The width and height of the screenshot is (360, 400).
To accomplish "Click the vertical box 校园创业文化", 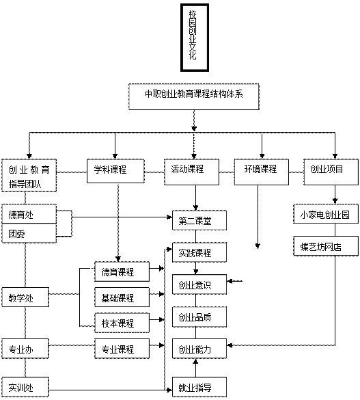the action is pyautogui.click(x=195, y=38).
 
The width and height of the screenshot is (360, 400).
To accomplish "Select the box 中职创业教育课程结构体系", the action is pyautogui.click(x=194, y=96).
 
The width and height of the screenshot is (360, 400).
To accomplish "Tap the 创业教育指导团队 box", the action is pyautogui.click(x=29, y=175).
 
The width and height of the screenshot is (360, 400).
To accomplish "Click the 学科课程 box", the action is pyautogui.click(x=115, y=171).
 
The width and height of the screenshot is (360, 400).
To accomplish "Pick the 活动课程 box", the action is pyautogui.click(x=191, y=172).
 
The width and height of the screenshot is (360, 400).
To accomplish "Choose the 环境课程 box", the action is pyautogui.click(x=262, y=172).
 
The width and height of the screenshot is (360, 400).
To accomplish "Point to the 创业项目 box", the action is pyautogui.click(x=331, y=172).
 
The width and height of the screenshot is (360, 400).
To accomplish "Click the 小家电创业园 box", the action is pyautogui.click(x=326, y=214).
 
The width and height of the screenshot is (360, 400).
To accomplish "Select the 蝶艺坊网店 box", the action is pyautogui.click(x=326, y=246).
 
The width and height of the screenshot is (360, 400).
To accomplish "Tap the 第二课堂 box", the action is pyautogui.click(x=199, y=220).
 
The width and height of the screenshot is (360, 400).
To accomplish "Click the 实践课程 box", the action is pyautogui.click(x=199, y=252).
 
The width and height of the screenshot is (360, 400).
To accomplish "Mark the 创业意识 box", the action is pyautogui.click(x=199, y=284).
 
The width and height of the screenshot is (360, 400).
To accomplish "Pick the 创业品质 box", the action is pyautogui.click(x=199, y=317).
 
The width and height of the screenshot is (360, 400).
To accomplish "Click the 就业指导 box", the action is pyautogui.click(x=199, y=387).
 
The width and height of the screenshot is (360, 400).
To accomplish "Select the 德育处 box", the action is pyautogui.click(x=29, y=214).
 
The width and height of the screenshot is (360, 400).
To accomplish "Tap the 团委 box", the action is pyautogui.click(x=29, y=233).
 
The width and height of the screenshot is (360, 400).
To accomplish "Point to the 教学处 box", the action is pyautogui.click(x=25, y=297).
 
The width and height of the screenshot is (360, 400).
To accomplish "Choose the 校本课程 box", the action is pyautogui.click(x=122, y=323).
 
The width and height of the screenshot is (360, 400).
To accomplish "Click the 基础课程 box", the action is pyautogui.click(x=122, y=297).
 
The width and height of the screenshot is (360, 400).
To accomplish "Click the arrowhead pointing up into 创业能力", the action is pyautogui.click(x=195, y=361).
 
